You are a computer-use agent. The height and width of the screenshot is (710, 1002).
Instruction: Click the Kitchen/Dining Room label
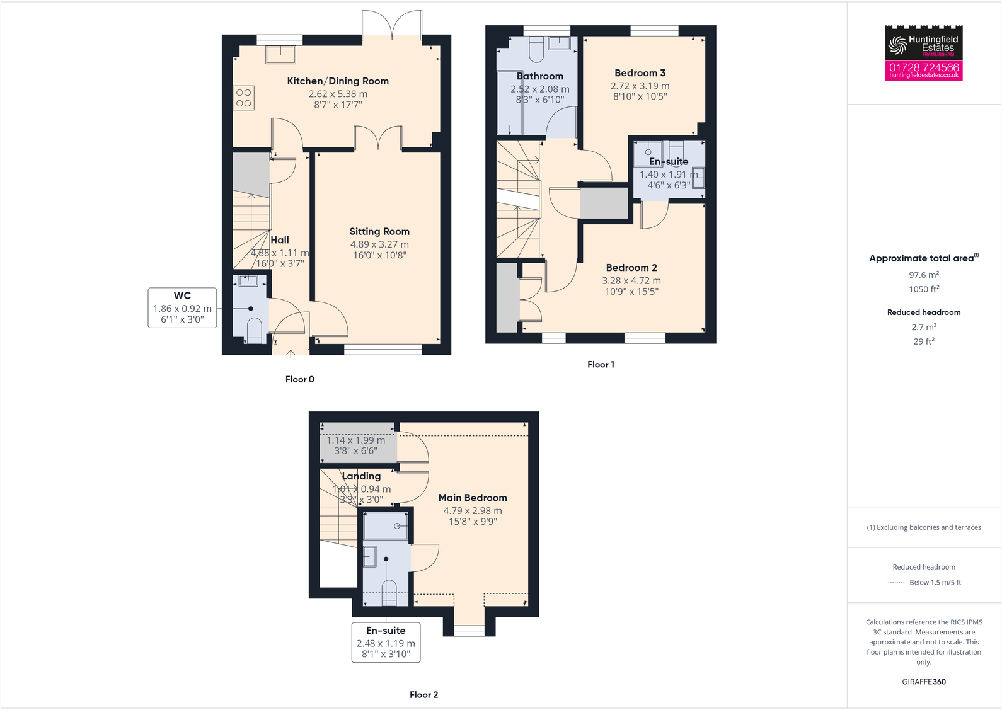point(338,81)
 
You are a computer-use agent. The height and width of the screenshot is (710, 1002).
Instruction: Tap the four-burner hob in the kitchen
point(243,98)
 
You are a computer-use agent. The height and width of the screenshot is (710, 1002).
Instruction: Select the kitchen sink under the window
point(280,55)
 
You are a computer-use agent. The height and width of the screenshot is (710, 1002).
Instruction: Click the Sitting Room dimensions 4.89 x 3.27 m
point(379,244)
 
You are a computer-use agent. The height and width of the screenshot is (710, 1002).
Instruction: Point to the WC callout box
point(182,307)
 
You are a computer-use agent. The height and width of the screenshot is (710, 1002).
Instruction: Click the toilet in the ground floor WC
point(254,330)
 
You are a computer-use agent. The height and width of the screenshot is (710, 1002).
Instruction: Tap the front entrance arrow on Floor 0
point(291,354)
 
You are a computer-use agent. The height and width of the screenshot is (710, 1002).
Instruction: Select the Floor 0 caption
point(299,379)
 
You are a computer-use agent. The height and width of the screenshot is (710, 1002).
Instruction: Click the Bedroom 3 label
point(640,73)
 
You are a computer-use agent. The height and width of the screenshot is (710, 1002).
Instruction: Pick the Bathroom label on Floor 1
point(539,76)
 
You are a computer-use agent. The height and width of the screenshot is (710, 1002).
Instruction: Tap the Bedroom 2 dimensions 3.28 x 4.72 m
point(631,281)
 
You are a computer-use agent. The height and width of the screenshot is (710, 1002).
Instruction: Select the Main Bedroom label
point(473,498)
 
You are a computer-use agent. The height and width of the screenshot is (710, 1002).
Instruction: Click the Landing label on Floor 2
point(361,476)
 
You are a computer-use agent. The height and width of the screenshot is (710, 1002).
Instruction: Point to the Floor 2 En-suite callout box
point(386,642)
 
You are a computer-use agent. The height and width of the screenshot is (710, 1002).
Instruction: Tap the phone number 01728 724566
point(923,67)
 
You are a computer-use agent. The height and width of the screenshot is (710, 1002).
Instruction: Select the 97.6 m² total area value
point(923,275)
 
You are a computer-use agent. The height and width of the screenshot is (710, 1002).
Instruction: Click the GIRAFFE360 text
point(923,682)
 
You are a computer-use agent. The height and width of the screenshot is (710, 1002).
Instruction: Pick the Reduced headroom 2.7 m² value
point(923,327)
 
